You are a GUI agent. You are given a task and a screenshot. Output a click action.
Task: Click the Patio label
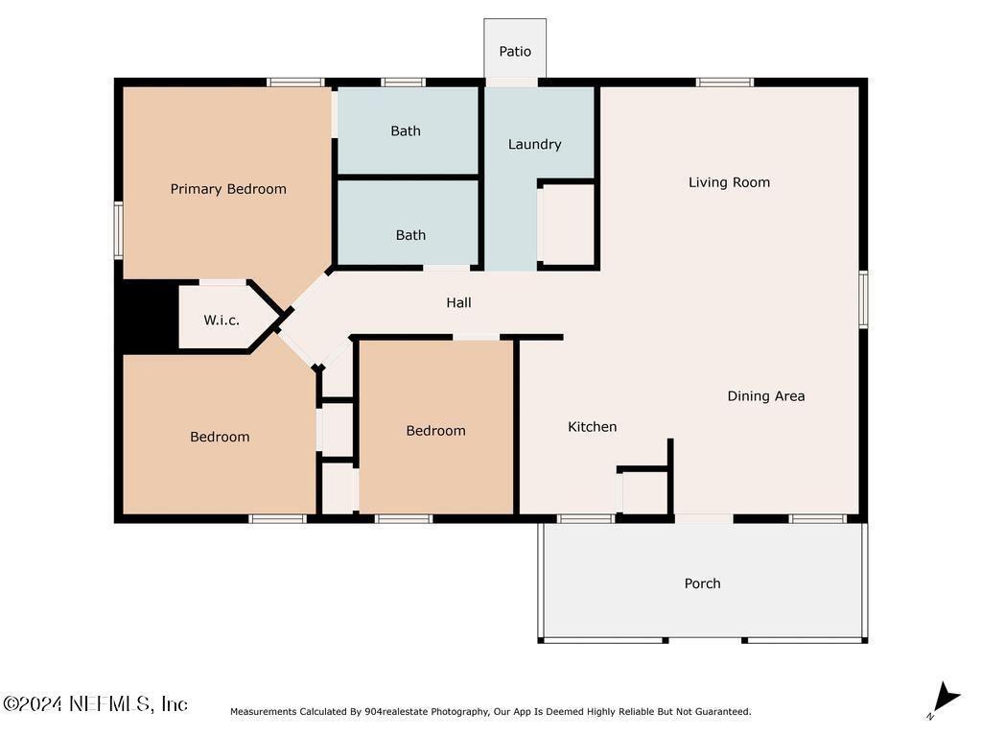pyautogui.click(x=515, y=52)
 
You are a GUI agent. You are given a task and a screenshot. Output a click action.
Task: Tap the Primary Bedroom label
pyautogui.click(x=228, y=189)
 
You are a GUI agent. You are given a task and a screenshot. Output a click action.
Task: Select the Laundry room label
pyautogui.click(x=534, y=144)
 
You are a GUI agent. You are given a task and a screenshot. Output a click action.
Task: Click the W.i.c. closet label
pyautogui.click(x=222, y=321)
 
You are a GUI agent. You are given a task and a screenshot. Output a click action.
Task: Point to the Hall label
pyautogui.click(x=458, y=302)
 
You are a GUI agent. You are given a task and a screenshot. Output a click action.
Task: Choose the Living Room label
pyautogui.click(x=729, y=182)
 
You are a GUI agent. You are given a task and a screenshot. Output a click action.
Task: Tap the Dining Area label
pyautogui.click(x=766, y=396)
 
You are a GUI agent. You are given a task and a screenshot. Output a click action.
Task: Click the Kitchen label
pyautogui.click(x=592, y=427)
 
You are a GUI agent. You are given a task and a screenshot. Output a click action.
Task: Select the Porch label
pyautogui.click(x=702, y=583)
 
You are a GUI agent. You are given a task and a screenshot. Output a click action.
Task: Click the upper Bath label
pyautogui.click(x=406, y=131)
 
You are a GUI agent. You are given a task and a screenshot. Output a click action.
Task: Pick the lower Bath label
pyautogui.click(x=410, y=235)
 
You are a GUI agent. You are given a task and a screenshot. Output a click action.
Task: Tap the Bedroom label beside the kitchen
pyautogui.click(x=435, y=431)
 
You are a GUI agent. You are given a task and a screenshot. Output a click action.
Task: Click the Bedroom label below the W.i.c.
pyautogui.click(x=220, y=437)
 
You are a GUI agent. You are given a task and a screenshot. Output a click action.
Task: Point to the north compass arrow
pyautogui.click(x=946, y=699)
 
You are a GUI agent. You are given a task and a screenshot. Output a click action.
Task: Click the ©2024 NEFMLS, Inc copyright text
pyautogui.click(x=95, y=703)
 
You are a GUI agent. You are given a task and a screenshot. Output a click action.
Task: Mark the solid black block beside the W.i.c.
pyautogui.click(x=147, y=315)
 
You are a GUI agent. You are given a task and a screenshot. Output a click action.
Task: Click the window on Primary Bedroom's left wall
pyautogui.click(x=118, y=229)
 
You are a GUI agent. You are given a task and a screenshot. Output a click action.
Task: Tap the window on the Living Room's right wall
pyautogui.click(x=863, y=299)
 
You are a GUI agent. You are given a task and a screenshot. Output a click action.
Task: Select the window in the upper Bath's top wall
pyautogui.click(x=404, y=83)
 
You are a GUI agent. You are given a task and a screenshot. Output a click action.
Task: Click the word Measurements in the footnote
pyautogui.click(x=263, y=711)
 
